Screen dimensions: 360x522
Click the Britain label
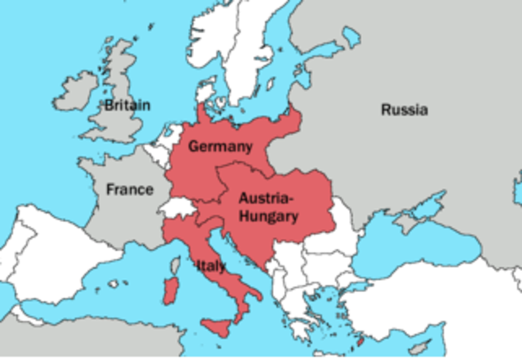click(x=127, y=105)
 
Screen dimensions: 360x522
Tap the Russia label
click(x=404, y=109)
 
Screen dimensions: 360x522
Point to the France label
click(x=129, y=189)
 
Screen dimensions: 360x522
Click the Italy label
click(x=210, y=265)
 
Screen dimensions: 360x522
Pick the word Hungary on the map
click(x=268, y=216)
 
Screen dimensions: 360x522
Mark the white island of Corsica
click(x=173, y=264)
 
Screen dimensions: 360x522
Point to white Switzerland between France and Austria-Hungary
click(x=180, y=205)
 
